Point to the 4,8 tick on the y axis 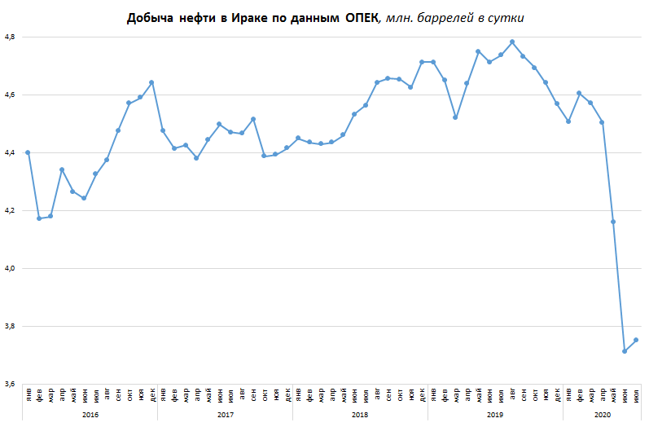[x=11, y=37]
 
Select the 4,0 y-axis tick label [x=11, y=268]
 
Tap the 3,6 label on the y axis [x=11, y=384]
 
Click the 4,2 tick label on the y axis [x=11, y=210]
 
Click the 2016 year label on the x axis [x=90, y=415]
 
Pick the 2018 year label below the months [x=360, y=415]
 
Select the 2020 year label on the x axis [x=602, y=415]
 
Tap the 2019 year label [x=494, y=415]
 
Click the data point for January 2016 [x=28, y=152]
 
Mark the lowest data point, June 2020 [x=625, y=351]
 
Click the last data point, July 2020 [x=636, y=340]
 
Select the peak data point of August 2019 [x=512, y=42]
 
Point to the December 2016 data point [x=151, y=82]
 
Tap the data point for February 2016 [x=39, y=218]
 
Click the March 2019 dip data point [x=455, y=117]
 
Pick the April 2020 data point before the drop [x=602, y=122]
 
